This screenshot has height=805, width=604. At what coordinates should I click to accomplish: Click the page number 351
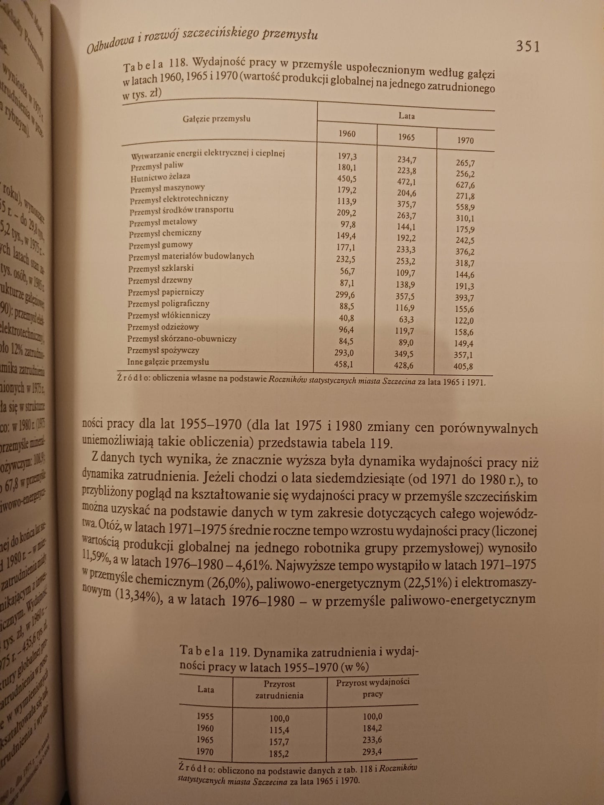528,46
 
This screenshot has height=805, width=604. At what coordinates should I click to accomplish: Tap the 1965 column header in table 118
406,137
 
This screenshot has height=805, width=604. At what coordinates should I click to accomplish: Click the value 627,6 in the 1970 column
465,185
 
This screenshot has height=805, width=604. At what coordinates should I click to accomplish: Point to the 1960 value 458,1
344,364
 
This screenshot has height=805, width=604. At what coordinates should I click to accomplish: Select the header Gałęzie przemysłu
217,119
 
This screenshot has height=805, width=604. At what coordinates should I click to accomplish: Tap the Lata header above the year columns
406,116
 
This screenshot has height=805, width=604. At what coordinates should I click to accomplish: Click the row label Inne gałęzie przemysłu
168,362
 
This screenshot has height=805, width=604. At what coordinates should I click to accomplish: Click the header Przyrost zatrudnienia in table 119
279,690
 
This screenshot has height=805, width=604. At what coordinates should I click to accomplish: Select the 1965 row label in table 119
205,739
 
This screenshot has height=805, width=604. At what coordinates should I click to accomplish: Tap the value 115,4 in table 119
280,730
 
